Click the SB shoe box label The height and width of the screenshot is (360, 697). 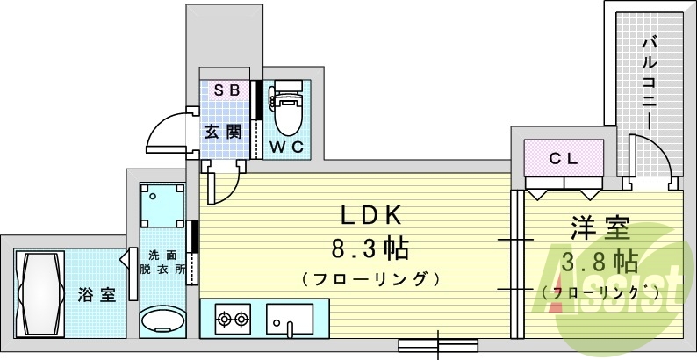point(228,90)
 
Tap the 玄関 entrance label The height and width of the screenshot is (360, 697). point(224,133)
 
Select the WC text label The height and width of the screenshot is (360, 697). point(286,147)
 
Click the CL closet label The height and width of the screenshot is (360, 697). point(564,158)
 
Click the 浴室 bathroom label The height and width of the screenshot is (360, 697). point(97,294)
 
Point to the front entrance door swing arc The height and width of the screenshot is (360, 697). point(167,132)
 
